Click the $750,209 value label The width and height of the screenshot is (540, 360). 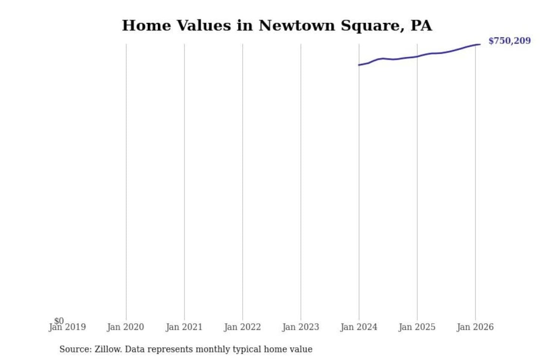point(509,40)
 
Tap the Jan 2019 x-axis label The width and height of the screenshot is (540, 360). point(67,327)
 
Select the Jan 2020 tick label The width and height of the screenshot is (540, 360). point(125,327)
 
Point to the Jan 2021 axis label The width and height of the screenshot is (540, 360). point(184,327)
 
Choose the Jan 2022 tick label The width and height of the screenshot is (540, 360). point(242,327)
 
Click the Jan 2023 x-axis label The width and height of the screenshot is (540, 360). point(300,327)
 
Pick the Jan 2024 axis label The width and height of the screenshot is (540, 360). point(358,327)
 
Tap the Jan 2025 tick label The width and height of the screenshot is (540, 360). point(417,327)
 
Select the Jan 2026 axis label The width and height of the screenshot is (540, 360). point(475,327)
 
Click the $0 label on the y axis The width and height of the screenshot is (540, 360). point(59,321)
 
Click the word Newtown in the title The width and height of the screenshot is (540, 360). point(296,25)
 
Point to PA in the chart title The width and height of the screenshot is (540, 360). point(421,25)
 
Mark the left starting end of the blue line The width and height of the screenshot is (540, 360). point(359,65)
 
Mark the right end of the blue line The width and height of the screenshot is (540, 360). point(480,45)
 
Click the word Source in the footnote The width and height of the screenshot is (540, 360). point(75,349)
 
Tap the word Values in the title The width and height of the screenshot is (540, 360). point(203,25)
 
